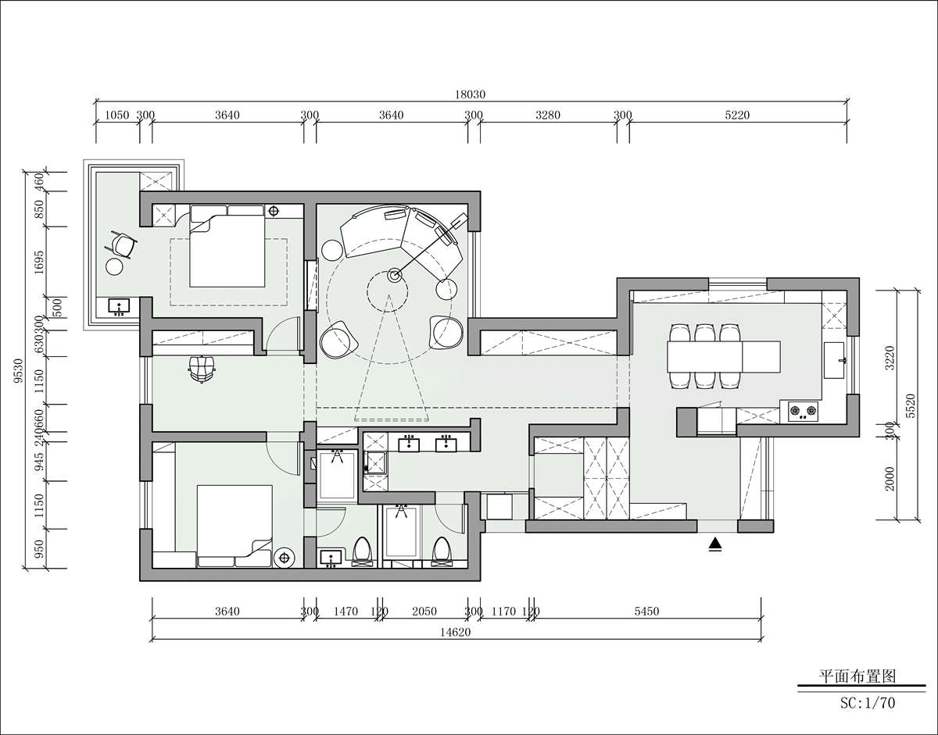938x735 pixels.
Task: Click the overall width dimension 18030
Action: click(x=470, y=94)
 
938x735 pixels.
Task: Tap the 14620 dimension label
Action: click(x=455, y=632)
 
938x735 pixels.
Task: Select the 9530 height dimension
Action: click(x=18, y=371)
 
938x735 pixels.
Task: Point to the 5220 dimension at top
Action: click(x=737, y=115)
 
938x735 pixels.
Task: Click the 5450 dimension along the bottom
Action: click(x=646, y=611)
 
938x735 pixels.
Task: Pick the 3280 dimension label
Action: click(x=548, y=115)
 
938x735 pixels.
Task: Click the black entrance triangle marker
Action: click(x=715, y=544)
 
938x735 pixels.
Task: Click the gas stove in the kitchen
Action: click(x=803, y=411)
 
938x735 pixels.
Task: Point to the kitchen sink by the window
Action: click(x=834, y=360)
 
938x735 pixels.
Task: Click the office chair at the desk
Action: click(x=202, y=369)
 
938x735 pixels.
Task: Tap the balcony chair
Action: click(x=121, y=245)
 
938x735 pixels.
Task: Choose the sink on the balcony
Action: click(x=118, y=306)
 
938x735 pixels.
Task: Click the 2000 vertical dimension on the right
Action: click(x=890, y=479)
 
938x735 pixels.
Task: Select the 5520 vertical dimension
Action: click(x=910, y=405)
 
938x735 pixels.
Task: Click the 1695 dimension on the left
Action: click(x=39, y=262)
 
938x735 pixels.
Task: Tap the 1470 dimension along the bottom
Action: click(x=345, y=611)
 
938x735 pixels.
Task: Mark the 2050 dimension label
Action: click(x=424, y=611)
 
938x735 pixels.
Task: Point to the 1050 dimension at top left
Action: click(x=117, y=115)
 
